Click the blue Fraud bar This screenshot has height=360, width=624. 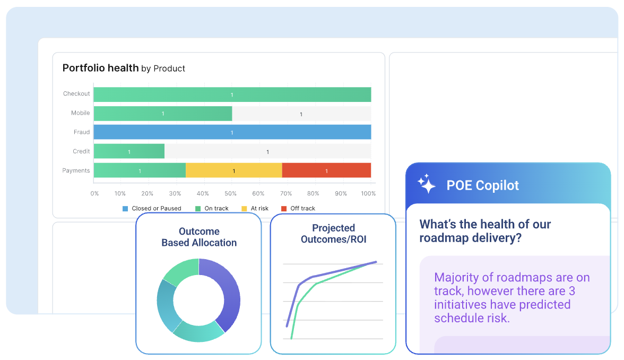[232, 132]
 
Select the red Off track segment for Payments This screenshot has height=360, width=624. [326, 170]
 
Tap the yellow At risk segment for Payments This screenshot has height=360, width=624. [233, 170]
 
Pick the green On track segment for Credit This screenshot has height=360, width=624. [129, 151]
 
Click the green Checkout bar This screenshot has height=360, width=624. [232, 95]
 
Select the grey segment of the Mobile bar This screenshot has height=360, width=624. [301, 114]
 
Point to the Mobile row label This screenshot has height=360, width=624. [81, 113]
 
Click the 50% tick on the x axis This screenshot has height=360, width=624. [231, 193]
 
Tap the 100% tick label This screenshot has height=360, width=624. [368, 193]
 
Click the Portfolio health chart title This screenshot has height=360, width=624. [124, 68]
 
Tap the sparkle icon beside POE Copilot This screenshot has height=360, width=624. [426, 184]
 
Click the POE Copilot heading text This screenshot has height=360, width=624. [482, 185]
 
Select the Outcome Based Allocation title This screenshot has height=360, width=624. [199, 237]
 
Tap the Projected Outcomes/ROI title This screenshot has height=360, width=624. [333, 234]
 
